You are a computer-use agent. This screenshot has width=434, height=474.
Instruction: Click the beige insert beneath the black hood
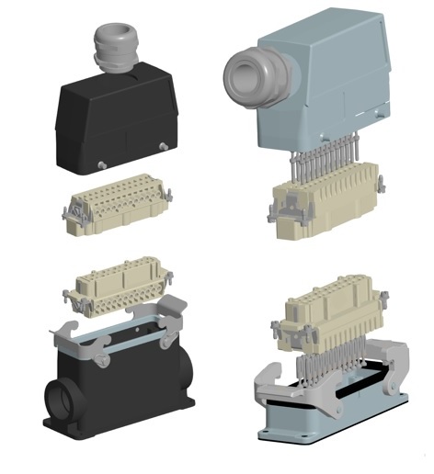(116, 206)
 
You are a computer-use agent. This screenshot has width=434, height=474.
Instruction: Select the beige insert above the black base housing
(119, 288)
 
